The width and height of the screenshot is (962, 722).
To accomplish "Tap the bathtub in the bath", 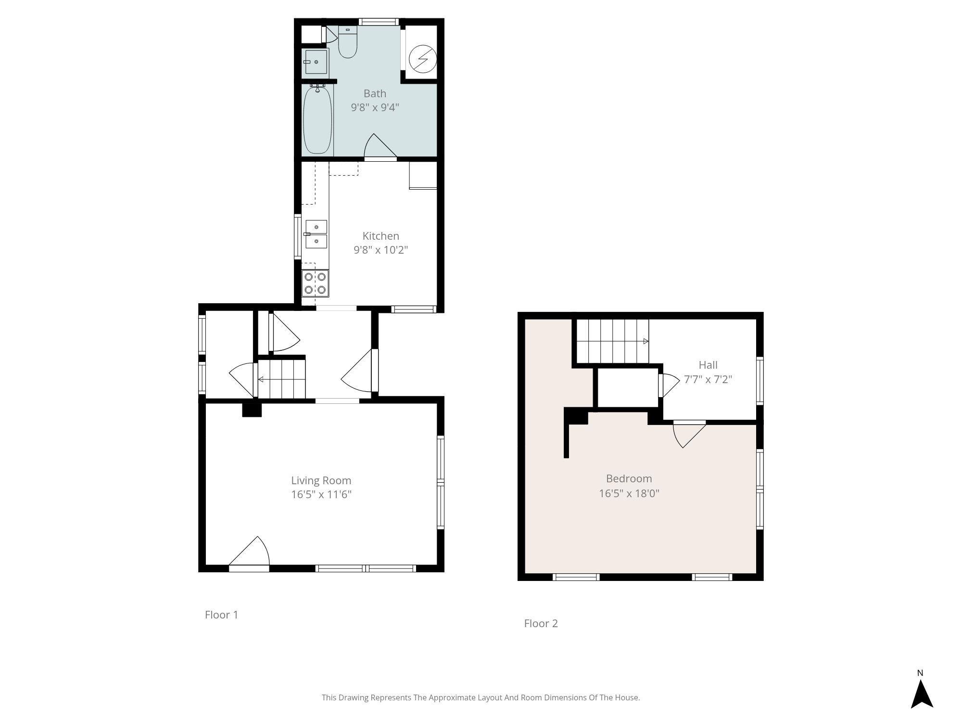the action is pos(317,119).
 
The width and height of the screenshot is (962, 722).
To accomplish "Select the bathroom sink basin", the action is pos(316,62).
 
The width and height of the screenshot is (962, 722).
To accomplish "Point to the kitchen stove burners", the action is pos(315,284).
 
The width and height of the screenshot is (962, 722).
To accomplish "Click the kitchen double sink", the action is pos(316,234).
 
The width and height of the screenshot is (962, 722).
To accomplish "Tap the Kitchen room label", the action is pos(380,236).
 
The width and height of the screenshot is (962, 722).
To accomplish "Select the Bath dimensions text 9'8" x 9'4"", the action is pos(375,107).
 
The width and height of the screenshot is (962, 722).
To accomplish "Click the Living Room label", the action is pos(321,480).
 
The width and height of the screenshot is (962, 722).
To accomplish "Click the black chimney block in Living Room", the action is pos(252,410).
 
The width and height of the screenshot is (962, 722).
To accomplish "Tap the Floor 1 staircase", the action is pos(282,379).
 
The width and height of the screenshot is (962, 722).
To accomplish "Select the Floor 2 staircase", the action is pos(613,341).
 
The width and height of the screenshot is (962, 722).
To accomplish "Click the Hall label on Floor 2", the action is pos(708,365).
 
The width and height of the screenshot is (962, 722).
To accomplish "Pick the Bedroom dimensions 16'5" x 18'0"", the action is pos(629,493).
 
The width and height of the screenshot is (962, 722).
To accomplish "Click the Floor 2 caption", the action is pos(541,623).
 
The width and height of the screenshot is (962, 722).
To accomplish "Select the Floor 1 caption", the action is pos(221,615).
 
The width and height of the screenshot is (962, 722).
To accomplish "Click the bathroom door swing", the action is pos(380,146).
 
